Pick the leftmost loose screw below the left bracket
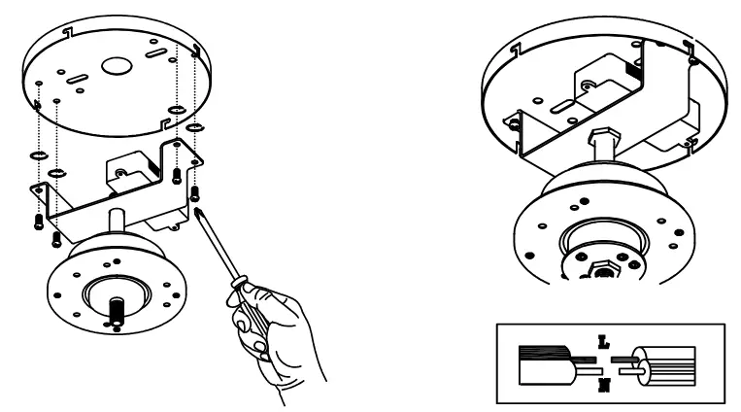click(x=38, y=221)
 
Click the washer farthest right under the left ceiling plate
click(x=194, y=127)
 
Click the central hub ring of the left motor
click(x=116, y=292)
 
